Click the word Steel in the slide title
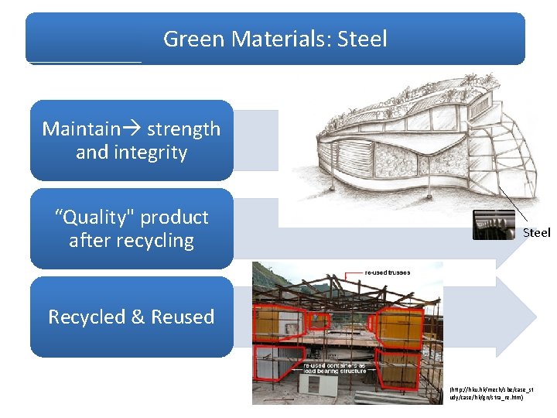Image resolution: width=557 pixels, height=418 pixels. tap(362, 39)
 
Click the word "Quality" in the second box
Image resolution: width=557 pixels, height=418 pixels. tap(93, 217)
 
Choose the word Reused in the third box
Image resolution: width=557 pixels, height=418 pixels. tap(183, 317)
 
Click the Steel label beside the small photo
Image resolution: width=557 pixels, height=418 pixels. tap(536, 232)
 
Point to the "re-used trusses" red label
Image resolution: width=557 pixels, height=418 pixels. tap(388, 272)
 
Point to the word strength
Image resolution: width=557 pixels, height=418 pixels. tap(183, 128)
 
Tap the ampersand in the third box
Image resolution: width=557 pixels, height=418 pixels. tap(138, 317)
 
